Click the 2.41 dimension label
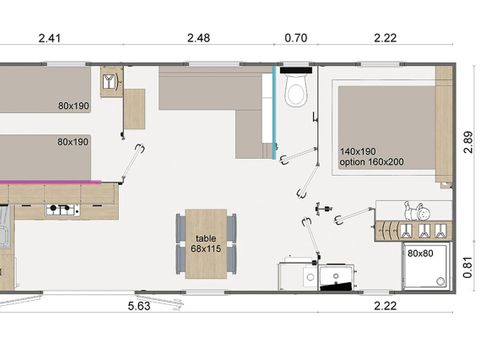50,39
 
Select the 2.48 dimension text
198,39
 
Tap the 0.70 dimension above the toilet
295,39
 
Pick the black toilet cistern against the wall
296,72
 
